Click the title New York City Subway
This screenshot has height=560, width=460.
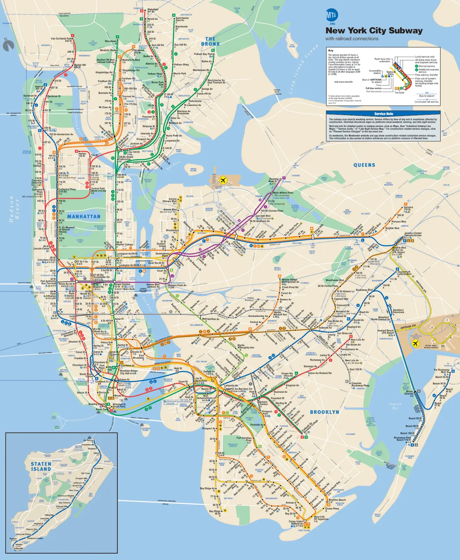tap(374, 30)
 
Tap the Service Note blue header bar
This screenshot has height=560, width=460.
tap(383, 114)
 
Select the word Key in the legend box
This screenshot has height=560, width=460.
tap(330, 50)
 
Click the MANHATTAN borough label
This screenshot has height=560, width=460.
tap(84, 217)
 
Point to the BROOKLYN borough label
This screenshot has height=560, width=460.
tap(325, 412)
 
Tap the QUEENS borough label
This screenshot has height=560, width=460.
tap(364, 165)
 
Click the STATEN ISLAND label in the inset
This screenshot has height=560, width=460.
tap(41, 466)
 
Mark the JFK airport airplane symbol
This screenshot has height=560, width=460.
tap(416, 343)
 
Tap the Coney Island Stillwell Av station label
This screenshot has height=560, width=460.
tap(296, 523)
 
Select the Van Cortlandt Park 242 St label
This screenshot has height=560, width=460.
tap(62, 40)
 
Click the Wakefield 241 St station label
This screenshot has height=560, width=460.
tap(152, 10)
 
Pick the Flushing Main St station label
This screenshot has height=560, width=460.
tap(273, 180)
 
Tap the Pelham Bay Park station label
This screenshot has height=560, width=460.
tap(203, 54)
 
